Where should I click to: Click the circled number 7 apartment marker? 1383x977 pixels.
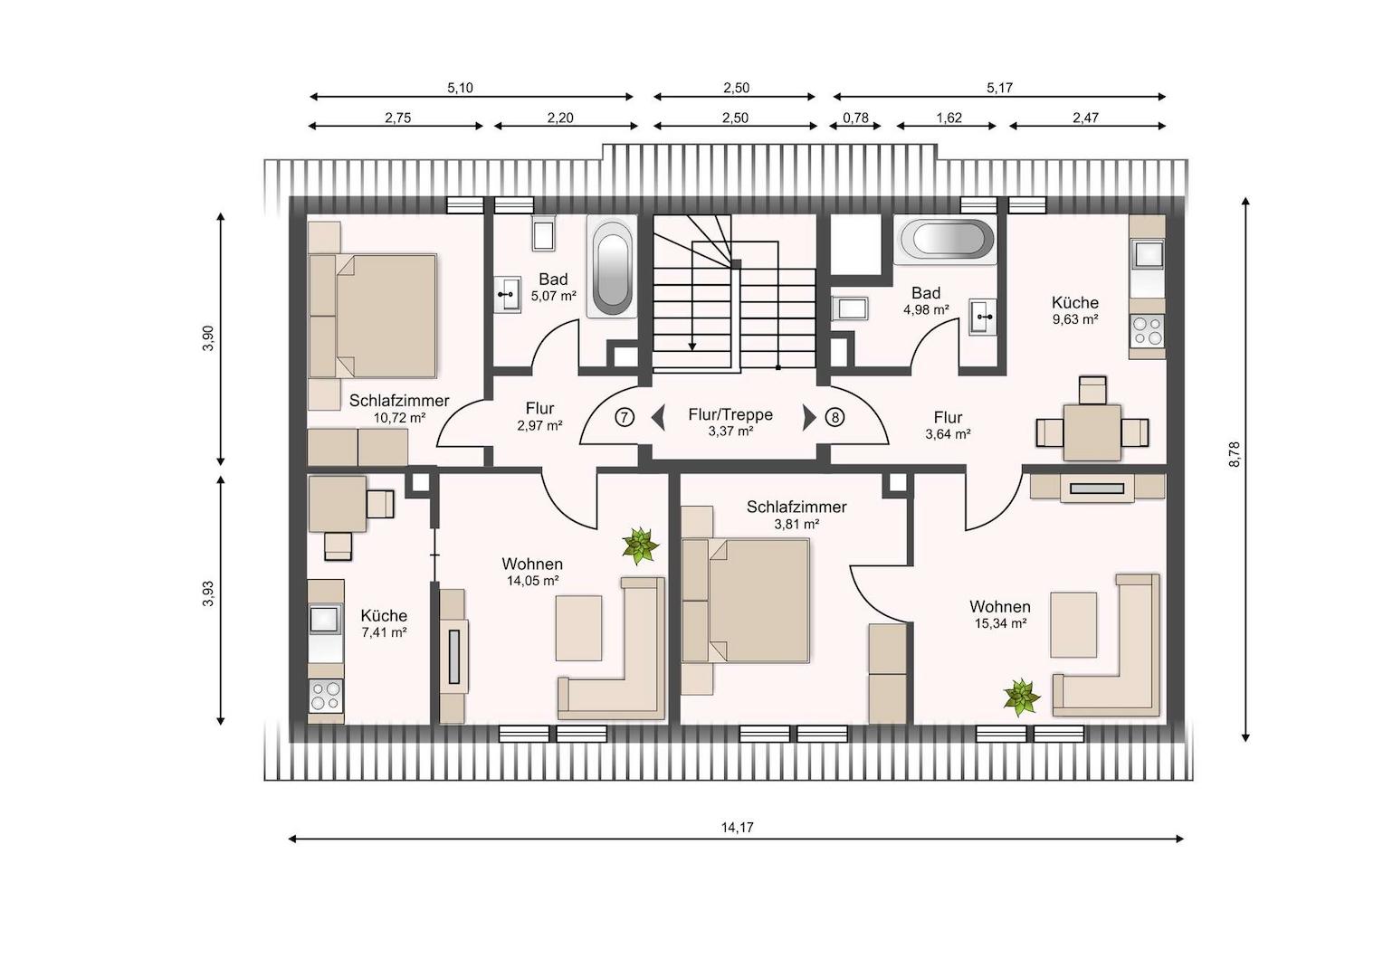(625, 418)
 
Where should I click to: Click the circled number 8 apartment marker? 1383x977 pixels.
(835, 418)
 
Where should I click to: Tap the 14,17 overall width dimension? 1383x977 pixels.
(737, 828)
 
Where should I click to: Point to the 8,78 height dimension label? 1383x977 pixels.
(1235, 454)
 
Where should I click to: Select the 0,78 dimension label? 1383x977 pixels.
(855, 118)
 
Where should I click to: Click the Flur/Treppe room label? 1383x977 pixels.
(730, 414)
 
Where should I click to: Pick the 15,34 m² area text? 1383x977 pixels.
(1000, 623)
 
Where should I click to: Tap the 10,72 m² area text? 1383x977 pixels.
(399, 418)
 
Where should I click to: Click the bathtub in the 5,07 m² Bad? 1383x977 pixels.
(612, 267)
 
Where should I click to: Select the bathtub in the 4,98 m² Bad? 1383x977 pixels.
(945, 239)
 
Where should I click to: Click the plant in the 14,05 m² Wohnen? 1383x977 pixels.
(640, 545)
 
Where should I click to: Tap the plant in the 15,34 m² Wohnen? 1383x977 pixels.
(1021, 697)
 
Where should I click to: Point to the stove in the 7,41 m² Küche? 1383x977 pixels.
(325, 696)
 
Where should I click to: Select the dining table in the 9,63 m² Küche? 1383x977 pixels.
(1092, 432)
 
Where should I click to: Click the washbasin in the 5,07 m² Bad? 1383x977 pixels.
(508, 294)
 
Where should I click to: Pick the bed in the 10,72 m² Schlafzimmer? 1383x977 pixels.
(373, 316)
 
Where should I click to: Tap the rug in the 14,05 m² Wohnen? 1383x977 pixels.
(578, 629)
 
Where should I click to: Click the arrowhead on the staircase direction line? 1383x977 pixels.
(692, 346)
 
